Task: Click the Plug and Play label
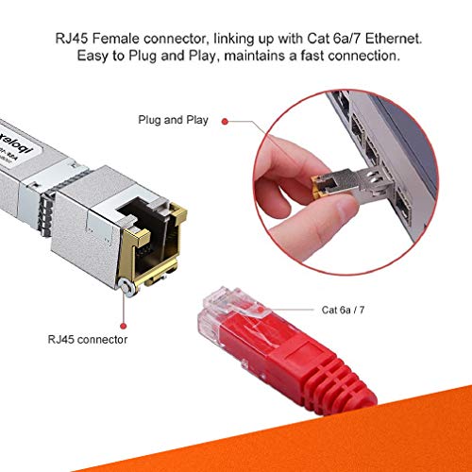click(x=169, y=121)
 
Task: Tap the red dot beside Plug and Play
click(x=228, y=121)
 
